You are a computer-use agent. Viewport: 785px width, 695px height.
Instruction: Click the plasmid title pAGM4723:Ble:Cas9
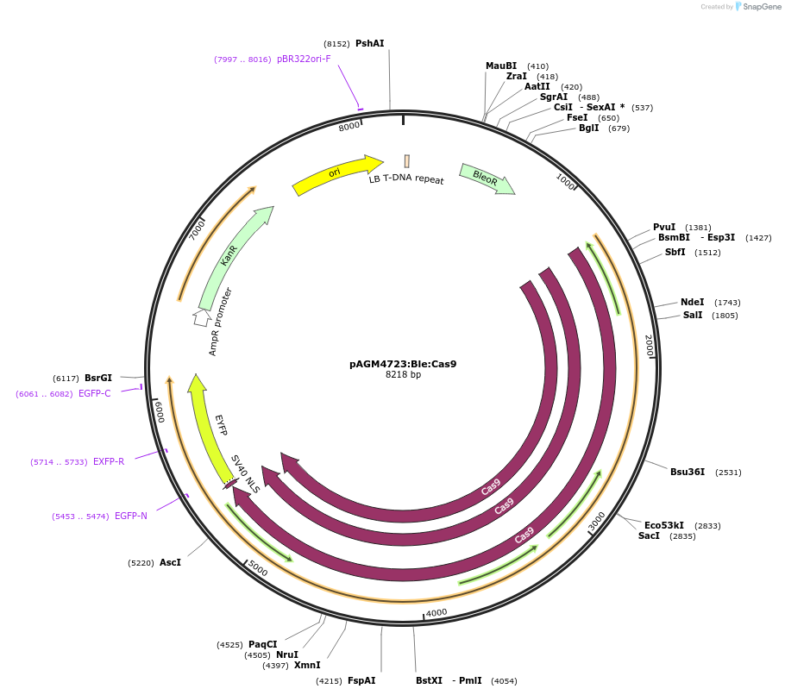pos(403,364)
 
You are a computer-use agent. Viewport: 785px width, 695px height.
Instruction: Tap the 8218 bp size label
pos(403,375)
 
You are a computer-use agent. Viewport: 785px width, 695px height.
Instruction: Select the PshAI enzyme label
pos(369,43)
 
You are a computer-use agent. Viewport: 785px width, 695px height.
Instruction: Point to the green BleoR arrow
pos(487,178)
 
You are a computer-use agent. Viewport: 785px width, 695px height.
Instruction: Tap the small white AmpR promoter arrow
pos(201,317)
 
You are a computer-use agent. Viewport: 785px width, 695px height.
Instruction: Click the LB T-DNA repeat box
pos(406,161)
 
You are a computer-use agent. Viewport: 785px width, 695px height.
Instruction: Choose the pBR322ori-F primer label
pos(304,59)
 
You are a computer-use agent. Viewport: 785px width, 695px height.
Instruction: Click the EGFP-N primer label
pos(131,517)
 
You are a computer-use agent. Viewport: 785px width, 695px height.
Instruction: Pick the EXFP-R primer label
pos(109,462)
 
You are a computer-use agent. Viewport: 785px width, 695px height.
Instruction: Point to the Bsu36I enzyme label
pos(688,473)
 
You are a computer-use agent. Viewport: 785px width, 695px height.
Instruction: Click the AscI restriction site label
pos(170,563)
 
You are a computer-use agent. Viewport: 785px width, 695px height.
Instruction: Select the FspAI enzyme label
pos(361,681)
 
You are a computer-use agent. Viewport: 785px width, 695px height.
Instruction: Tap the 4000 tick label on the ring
pos(436,613)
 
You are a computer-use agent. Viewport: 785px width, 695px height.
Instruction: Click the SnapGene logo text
pos(756,7)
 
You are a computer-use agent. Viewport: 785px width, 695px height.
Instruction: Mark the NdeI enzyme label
pos(692,303)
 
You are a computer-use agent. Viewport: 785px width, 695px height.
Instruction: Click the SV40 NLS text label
pos(244,473)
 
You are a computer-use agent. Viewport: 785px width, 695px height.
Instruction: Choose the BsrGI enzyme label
pos(98,379)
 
